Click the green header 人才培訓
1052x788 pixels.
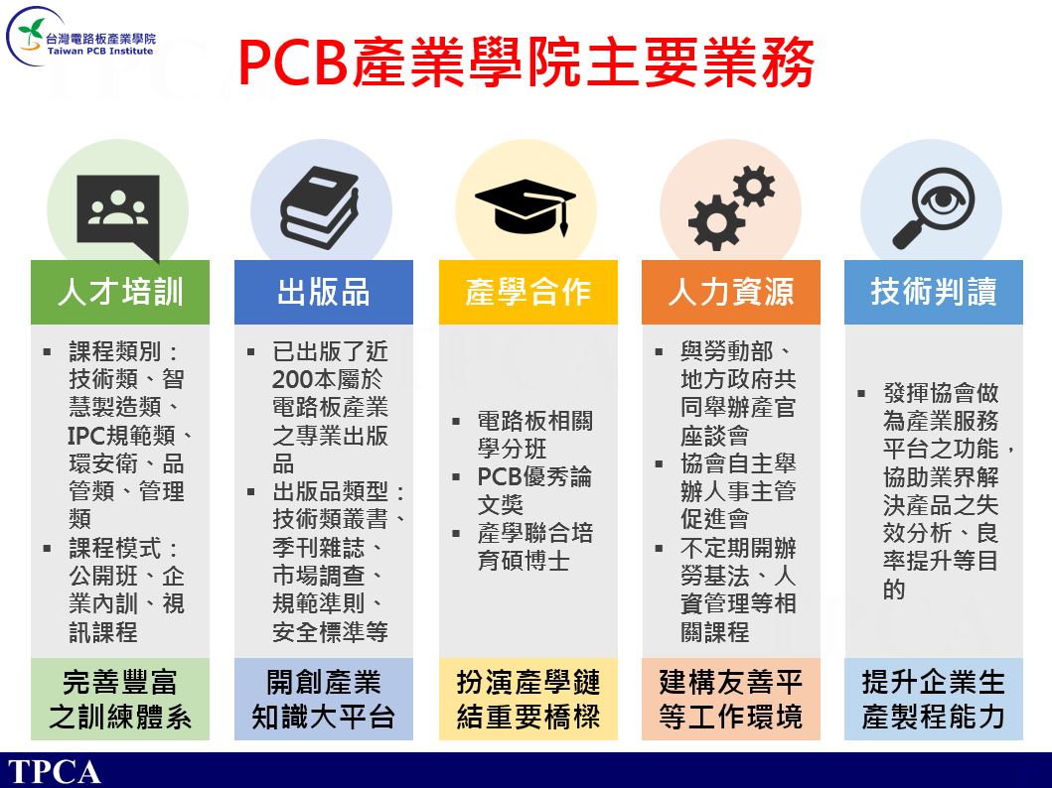(x=120, y=292)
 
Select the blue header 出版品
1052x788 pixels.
(x=324, y=292)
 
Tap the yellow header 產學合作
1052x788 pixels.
(x=528, y=292)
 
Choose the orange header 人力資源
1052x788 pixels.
(x=730, y=292)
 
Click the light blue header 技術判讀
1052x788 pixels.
(x=933, y=292)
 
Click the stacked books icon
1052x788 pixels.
(x=319, y=207)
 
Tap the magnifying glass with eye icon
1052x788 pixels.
(x=933, y=207)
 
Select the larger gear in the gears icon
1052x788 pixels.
(x=716, y=222)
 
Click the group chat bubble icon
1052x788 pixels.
(x=118, y=214)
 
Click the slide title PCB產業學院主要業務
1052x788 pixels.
(x=526, y=63)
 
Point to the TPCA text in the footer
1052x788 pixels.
(x=54, y=772)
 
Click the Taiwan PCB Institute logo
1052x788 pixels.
(x=80, y=38)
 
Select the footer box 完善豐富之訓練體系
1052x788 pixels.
(x=120, y=699)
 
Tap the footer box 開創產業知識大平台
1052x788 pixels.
(x=324, y=699)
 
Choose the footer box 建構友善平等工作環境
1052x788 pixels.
(x=730, y=699)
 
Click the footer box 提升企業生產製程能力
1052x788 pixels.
(x=933, y=699)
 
